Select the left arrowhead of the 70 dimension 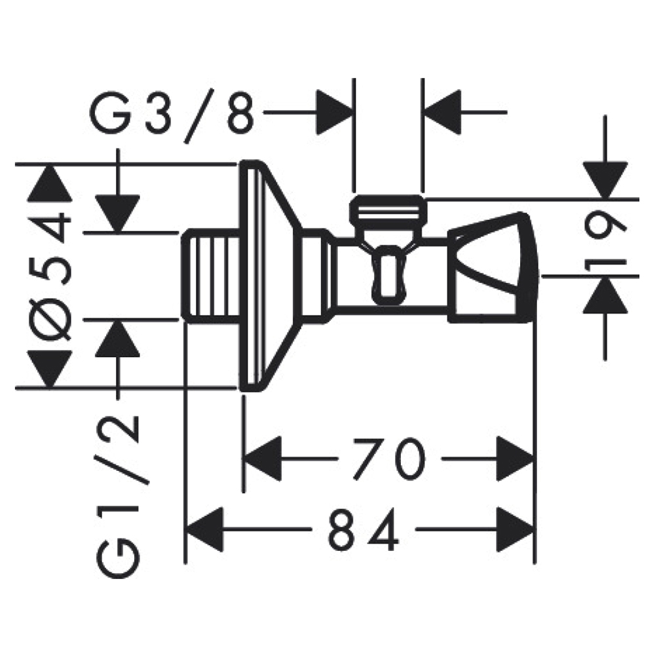pos(262,458)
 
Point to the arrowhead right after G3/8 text pos(335,111)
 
